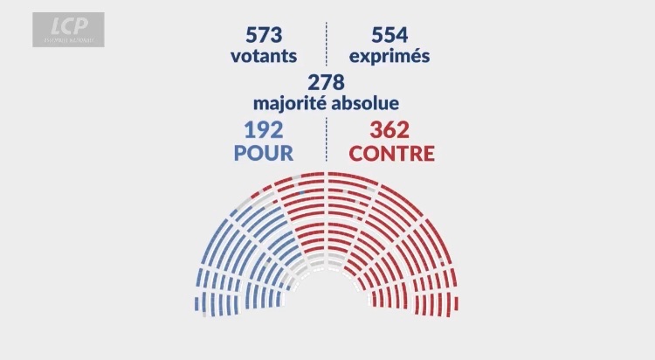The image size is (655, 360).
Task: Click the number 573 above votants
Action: click(x=264, y=36)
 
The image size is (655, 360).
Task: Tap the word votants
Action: click(x=264, y=56)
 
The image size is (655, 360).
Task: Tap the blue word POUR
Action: click(x=263, y=153)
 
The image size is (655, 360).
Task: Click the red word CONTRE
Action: click(x=392, y=153)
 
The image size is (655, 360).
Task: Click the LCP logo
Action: click(x=68, y=29)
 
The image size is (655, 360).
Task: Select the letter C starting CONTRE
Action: click(x=356, y=153)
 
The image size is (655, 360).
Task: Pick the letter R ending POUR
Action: click(x=286, y=153)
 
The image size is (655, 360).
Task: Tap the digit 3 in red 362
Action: click(x=376, y=131)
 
